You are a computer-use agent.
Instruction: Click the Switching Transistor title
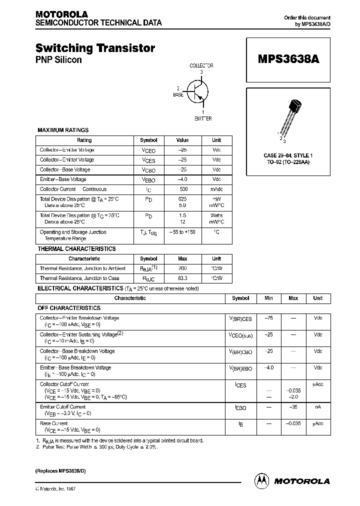pos(95,48)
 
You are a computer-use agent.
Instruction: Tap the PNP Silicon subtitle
pos(58,60)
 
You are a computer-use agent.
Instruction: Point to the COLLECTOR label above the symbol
pos(201,65)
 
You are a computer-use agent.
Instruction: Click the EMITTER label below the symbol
pos(202,118)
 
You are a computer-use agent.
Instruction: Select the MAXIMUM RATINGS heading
pos(63,130)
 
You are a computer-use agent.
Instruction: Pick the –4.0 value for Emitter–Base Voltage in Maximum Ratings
pos(182,179)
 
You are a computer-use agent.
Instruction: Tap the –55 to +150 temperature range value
pos(182,232)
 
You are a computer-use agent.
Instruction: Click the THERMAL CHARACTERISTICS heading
pos(76,248)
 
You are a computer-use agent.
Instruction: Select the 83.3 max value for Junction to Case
pos(182,278)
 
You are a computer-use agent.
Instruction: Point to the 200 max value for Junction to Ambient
pos(182,268)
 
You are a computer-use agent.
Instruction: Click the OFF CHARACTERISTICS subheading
pos(69,308)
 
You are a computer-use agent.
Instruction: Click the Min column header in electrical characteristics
pos(268,298)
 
